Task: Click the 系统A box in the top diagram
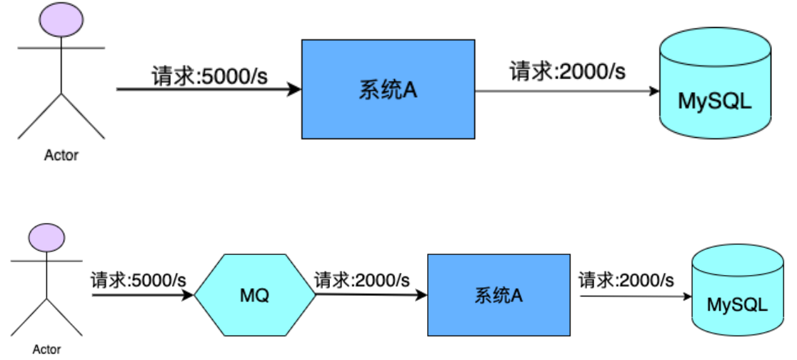coord(388,90)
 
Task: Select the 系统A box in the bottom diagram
coord(498,294)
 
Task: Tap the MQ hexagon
coord(254,294)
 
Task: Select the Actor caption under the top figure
coord(61,155)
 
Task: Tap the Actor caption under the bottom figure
coord(46,349)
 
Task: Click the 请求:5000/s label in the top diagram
coord(209,75)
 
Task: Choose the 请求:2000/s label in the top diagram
coord(567,71)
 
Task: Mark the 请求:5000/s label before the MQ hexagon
coord(139,279)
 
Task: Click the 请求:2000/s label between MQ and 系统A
coord(363,279)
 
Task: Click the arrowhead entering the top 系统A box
coord(294,90)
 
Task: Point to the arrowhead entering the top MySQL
coord(653,91)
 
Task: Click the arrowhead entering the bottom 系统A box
coord(421,295)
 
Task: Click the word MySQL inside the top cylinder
coord(715,101)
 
